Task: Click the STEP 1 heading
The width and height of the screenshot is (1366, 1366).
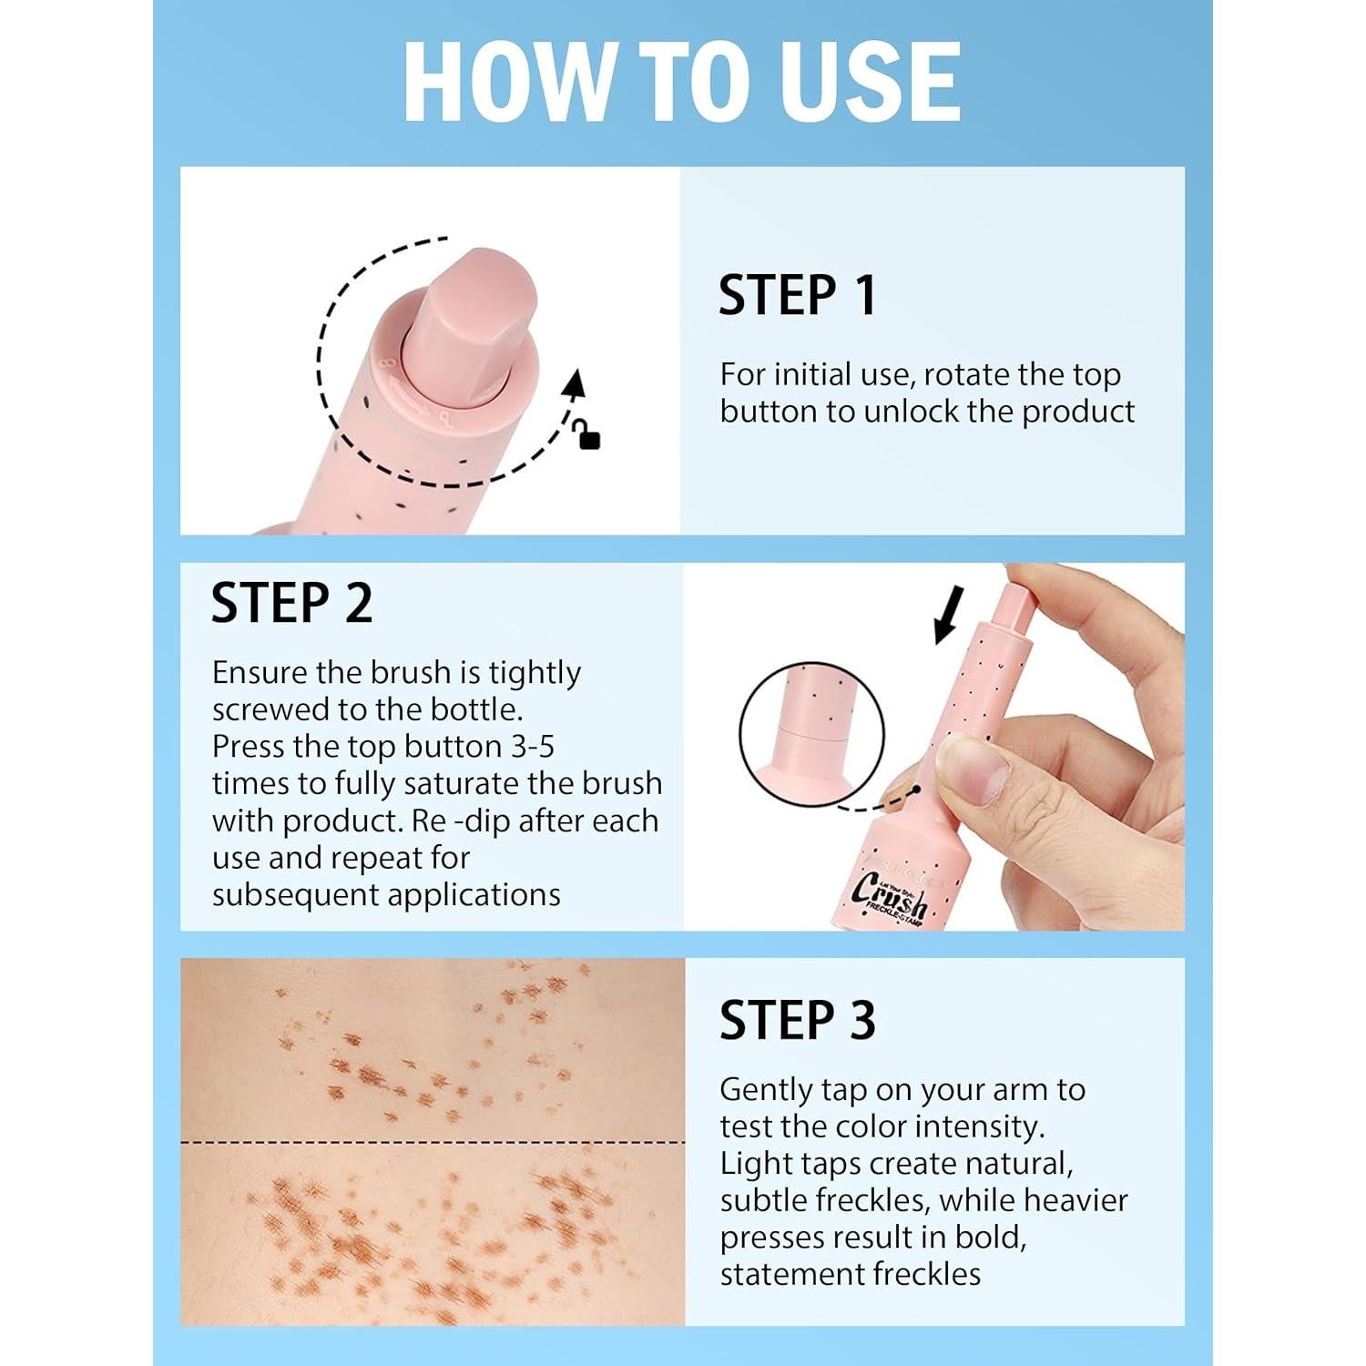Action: (797, 295)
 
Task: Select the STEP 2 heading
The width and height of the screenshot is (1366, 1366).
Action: (291, 603)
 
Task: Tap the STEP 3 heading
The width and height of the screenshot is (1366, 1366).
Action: (797, 1020)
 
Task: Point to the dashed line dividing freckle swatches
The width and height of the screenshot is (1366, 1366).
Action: (432, 1141)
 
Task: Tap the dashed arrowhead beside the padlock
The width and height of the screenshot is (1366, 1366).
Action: (573, 385)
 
